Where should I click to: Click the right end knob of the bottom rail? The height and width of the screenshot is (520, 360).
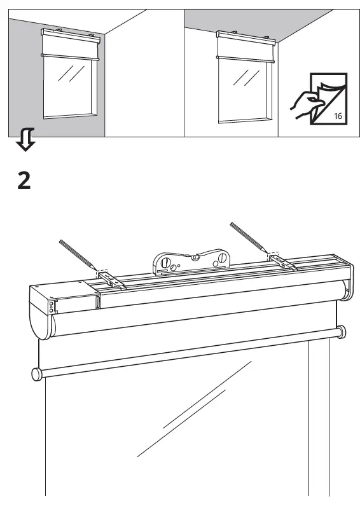[x=342, y=331]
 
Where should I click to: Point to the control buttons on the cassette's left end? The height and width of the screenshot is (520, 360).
[x=52, y=308]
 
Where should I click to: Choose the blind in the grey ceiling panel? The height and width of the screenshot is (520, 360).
[x=244, y=45]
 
